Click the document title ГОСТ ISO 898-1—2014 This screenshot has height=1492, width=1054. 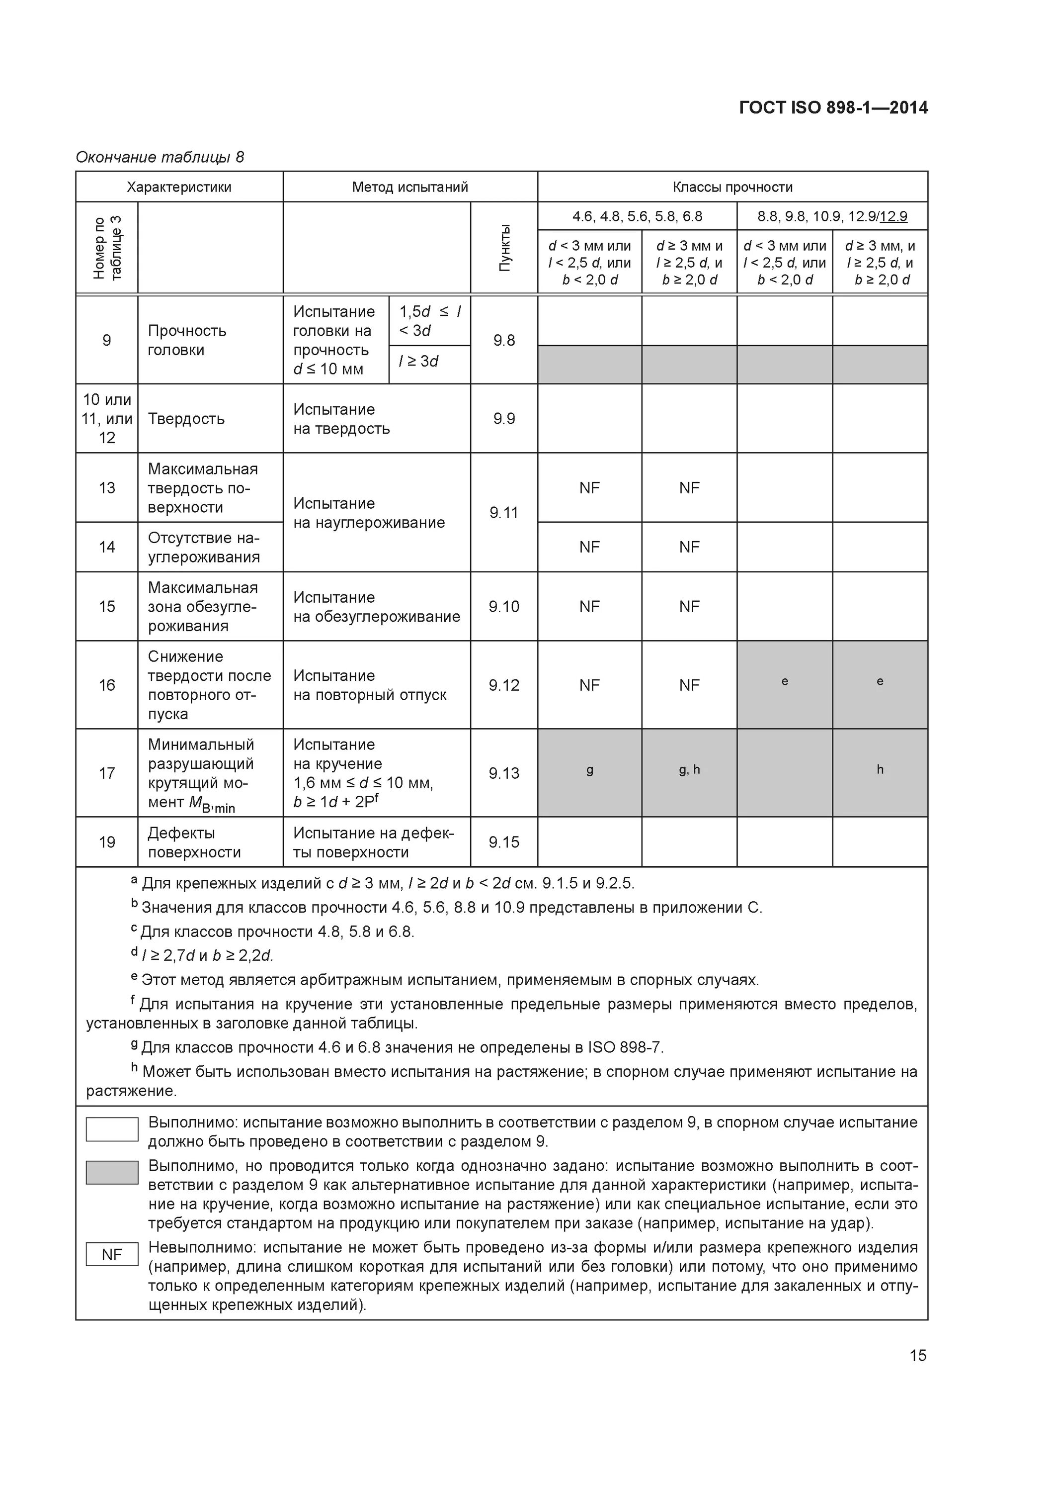click(833, 107)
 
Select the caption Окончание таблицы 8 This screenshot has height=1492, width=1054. click(160, 157)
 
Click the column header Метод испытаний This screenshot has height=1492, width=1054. click(410, 187)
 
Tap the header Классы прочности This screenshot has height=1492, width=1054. click(732, 187)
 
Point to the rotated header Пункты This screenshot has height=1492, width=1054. click(504, 248)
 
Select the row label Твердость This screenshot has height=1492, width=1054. click(186, 418)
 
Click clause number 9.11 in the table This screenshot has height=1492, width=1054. click(504, 513)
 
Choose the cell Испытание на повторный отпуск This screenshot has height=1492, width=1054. click(370, 685)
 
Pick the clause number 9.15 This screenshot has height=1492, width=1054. click(504, 842)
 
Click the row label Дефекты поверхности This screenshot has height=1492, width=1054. click(194, 842)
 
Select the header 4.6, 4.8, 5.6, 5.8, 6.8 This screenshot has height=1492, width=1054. click(637, 216)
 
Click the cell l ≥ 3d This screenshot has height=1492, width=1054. click(419, 361)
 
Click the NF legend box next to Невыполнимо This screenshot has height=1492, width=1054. click(112, 1254)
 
